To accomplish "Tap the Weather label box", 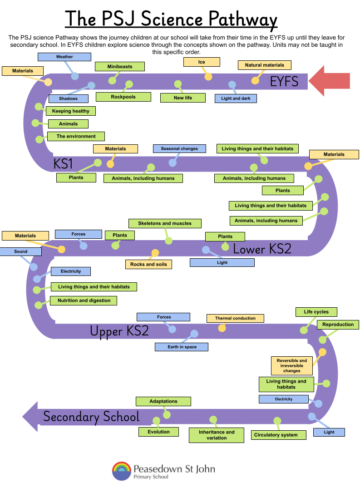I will click(64, 57).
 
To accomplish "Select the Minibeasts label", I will click(120, 66).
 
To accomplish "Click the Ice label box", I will click(202, 62).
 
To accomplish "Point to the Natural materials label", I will click(265, 65).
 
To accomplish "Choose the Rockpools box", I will click(123, 97).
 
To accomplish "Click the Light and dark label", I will click(236, 98).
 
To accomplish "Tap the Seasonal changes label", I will click(179, 148).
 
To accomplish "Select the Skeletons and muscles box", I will click(165, 223).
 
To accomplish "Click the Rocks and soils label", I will click(148, 264).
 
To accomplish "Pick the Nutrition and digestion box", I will click(84, 300).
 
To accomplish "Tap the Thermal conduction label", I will click(235, 318).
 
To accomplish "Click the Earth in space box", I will click(182, 347).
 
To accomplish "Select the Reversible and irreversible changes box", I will click(292, 365).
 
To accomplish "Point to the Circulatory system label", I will click(276, 435).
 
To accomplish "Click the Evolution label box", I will click(158, 432).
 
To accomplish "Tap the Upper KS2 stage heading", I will click(119, 331).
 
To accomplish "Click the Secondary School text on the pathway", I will click(91, 417).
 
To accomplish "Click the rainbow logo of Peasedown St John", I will click(121, 471).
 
